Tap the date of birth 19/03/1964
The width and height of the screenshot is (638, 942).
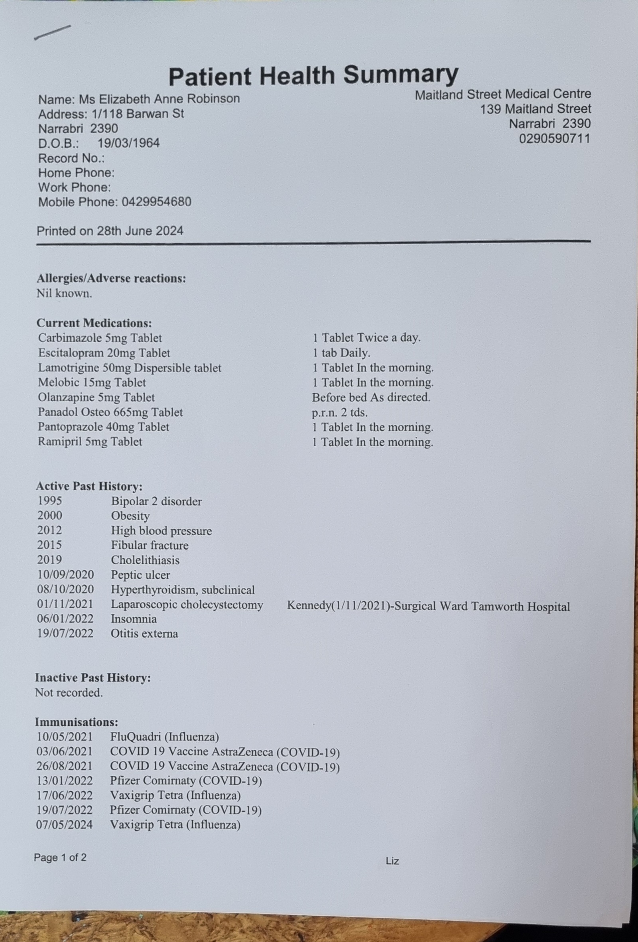click(x=128, y=143)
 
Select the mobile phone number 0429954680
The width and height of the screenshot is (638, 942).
click(x=156, y=202)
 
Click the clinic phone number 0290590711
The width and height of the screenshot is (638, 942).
click(x=555, y=139)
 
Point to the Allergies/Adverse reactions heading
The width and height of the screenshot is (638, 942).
click(x=111, y=278)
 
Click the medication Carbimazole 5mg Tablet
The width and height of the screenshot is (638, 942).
click(x=100, y=338)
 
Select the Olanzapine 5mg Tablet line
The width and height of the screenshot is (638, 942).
click(x=96, y=398)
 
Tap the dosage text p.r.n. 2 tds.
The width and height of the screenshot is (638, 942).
click(x=340, y=413)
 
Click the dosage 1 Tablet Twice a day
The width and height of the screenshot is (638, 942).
click(x=366, y=338)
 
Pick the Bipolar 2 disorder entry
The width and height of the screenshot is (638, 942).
click(x=156, y=501)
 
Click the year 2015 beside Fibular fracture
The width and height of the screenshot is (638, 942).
click(x=49, y=545)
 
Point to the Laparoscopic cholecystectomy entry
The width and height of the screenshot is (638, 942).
click(x=187, y=605)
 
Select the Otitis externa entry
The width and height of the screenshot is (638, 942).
click(x=144, y=634)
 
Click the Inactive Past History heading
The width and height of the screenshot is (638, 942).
click(x=93, y=678)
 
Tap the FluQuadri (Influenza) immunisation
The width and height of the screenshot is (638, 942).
click(x=165, y=737)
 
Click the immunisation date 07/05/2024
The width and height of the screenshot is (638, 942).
click(x=65, y=824)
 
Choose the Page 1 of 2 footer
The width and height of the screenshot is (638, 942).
click(x=60, y=858)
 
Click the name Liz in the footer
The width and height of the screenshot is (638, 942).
click(x=392, y=861)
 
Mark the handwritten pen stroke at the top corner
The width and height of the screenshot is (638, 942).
click(x=53, y=32)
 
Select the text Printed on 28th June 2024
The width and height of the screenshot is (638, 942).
click(x=110, y=231)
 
